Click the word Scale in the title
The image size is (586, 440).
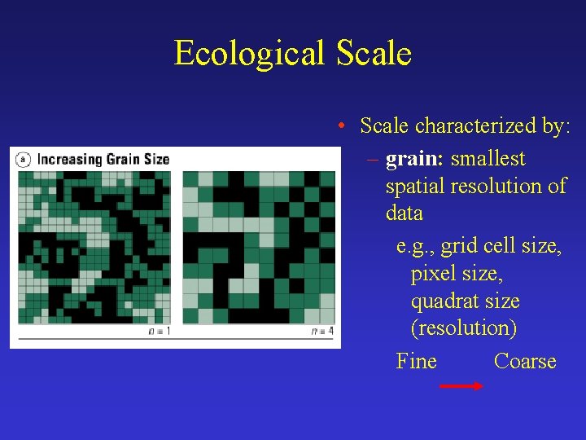pyautogui.click(x=370, y=54)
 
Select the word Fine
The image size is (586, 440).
pyautogui.click(x=416, y=361)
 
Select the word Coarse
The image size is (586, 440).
pyautogui.click(x=525, y=361)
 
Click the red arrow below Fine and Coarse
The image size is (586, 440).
pyautogui.click(x=461, y=387)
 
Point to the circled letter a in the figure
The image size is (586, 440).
pyautogui.click(x=24, y=159)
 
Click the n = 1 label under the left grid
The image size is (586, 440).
pyautogui.click(x=160, y=331)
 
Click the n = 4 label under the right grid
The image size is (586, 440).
pyautogui.click(x=322, y=331)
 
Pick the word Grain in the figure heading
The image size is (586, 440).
pyautogui.click(x=125, y=159)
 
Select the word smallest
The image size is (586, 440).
pyautogui.click(x=488, y=159)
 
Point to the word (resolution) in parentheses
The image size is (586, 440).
pyautogui.click(x=463, y=328)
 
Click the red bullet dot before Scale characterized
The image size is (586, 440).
pyautogui.click(x=345, y=126)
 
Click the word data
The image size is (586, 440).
pyautogui.click(x=405, y=213)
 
